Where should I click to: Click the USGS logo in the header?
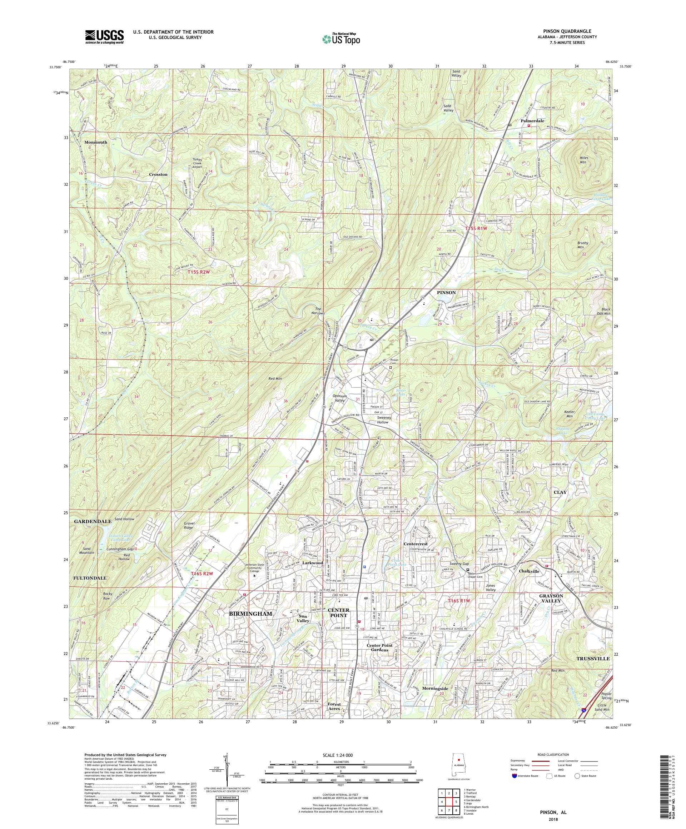(x=104, y=37)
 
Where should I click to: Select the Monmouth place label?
(x=95, y=142)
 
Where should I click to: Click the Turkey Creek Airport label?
(x=197, y=163)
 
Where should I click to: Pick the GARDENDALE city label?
(x=93, y=521)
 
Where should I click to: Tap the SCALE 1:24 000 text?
(x=340, y=765)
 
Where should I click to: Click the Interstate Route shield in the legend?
(x=514, y=787)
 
